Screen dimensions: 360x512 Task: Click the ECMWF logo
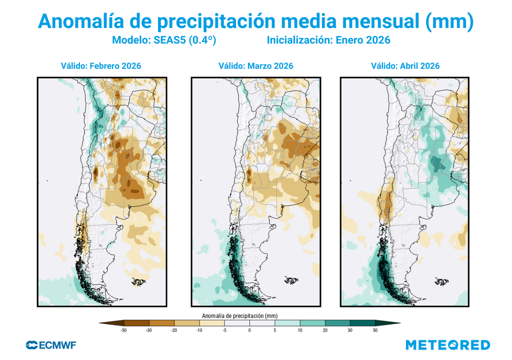[x=50, y=345]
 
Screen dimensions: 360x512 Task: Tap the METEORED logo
[x=447, y=345]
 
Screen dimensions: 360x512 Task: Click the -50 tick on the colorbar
[x=123, y=330]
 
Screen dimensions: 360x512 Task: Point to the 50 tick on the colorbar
[x=375, y=330]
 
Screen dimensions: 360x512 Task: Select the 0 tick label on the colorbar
[x=249, y=330]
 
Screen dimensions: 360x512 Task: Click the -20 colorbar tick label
[x=173, y=330]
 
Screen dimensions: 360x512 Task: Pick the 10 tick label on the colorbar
[x=299, y=330]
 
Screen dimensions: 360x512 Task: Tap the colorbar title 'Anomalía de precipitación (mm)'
[x=239, y=315]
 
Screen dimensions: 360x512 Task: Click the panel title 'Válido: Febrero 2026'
[x=101, y=66]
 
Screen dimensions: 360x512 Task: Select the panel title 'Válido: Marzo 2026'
[x=256, y=66]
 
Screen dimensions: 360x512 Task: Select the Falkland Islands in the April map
[x=442, y=281]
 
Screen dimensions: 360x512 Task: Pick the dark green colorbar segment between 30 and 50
[x=362, y=323]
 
